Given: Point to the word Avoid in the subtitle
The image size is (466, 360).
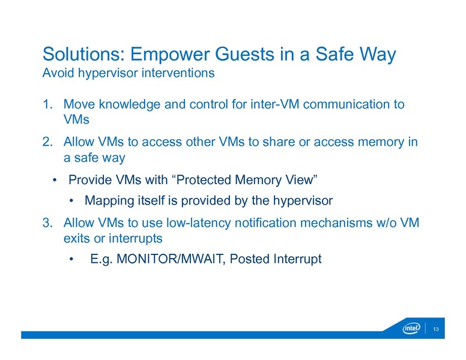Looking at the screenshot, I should (x=56, y=74).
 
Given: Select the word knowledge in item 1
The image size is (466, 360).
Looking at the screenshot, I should (x=125, y=105).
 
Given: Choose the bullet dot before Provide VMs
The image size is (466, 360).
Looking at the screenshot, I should (x=55, y=181).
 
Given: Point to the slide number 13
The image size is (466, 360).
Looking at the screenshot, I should (x=436, y=329).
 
